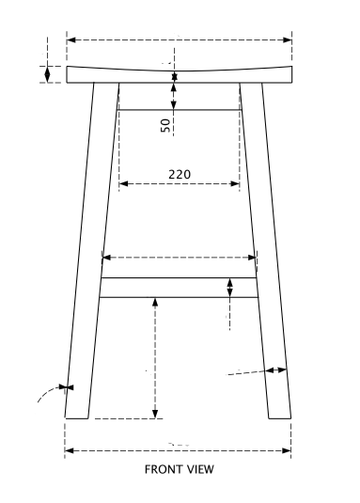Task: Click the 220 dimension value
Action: [x=180, y=174]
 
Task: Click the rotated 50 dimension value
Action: [x=166, y=125]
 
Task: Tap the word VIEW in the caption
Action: [x=203, y=468]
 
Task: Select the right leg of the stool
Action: [x=271, y=254]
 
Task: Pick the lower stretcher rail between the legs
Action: [x=179, y=287]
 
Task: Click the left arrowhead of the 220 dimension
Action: [x=122, y=183]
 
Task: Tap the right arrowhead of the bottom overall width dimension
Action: [x=287, y=451]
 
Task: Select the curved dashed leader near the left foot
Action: [x=45, y=395]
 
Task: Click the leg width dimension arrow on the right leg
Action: [x=275, y=370]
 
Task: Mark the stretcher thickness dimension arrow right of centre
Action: [x=229, y=288]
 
